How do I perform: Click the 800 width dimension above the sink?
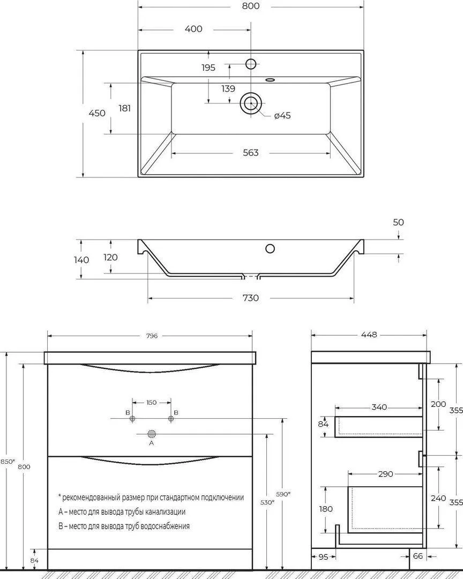(x=251, y=6)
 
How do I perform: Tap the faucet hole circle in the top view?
(x=251, y=64)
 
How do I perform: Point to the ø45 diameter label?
(x=282, y=116)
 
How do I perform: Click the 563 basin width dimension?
(x=250, y=153)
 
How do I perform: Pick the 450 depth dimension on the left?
(x=96, y=113)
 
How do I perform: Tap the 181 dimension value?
(x=124, y=108)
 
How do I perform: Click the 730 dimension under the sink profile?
(x=250, y=298)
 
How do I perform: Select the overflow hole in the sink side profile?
(x=270, y=248)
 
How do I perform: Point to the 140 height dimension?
(x=82, y=259)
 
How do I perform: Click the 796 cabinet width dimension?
(x=151, y=336)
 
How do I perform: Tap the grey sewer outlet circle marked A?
(x=151, y=433)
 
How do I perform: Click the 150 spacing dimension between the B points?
(x=151, y=402)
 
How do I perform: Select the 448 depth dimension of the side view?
(x=369, y=335)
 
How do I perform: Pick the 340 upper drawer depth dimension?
(x=379, y=407)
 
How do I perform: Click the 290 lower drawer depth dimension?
(x=385, y=474)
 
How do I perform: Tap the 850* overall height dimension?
(x=7, y=462)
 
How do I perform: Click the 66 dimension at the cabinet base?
(x=418, y=556)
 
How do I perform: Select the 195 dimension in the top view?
(x=208, y=68)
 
